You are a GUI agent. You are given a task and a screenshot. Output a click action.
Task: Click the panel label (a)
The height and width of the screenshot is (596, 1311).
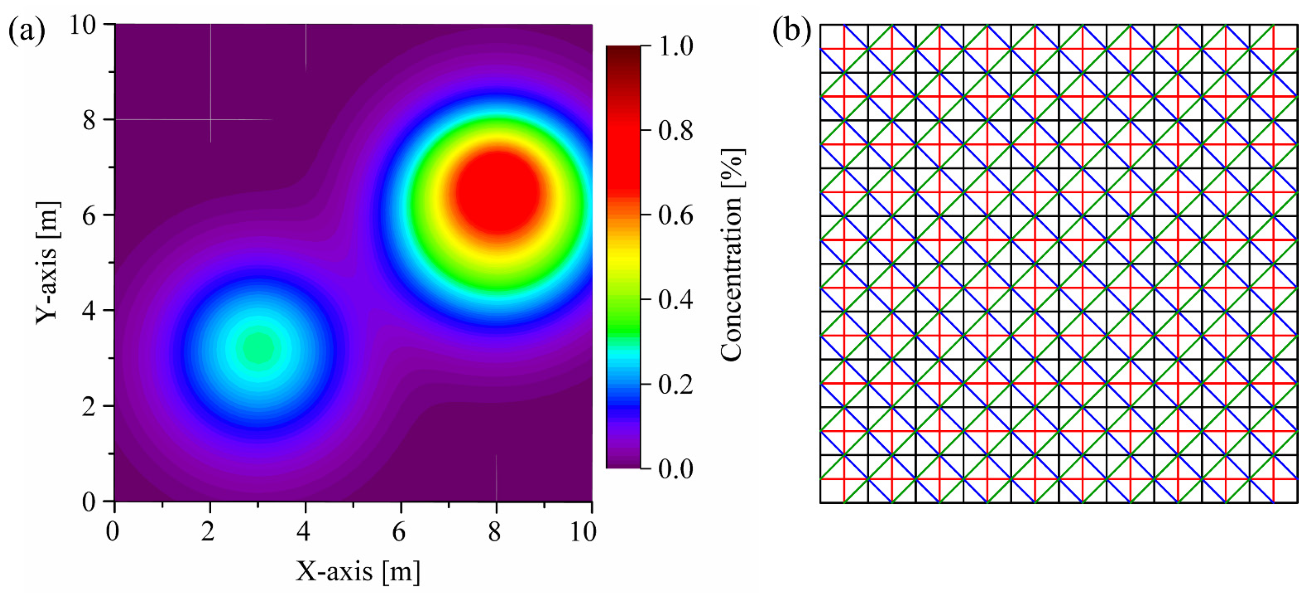26,31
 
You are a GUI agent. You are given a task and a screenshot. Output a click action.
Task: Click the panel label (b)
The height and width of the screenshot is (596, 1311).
791,31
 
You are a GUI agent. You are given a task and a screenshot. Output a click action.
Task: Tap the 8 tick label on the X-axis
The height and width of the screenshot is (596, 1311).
495,532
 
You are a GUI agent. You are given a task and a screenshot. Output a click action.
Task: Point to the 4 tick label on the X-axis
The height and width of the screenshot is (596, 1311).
304,532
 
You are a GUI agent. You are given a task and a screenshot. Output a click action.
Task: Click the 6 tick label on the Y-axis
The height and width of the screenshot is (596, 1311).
89,216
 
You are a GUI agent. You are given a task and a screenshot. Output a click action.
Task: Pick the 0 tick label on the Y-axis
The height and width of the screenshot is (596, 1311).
89,502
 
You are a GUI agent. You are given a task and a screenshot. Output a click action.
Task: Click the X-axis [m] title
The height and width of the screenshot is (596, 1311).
358,571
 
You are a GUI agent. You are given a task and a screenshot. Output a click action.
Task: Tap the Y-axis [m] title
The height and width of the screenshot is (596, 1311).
48,263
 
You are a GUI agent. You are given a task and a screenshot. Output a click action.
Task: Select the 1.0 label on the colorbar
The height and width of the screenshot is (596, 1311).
675,47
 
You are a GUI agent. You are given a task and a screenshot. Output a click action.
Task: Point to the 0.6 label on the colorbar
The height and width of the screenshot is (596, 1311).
675,216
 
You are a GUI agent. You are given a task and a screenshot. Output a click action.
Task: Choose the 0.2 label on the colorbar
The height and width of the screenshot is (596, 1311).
675,385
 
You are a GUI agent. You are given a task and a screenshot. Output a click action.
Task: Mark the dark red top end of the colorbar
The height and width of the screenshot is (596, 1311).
623,51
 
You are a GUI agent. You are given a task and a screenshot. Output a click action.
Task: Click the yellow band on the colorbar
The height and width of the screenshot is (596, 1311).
623,257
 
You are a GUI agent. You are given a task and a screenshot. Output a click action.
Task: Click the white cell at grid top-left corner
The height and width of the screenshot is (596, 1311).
831,36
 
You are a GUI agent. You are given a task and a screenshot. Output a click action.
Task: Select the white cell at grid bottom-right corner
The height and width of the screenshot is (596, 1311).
1285,491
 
